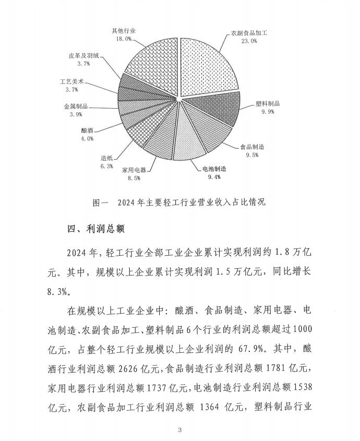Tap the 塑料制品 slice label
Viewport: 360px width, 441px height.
click(269, 103)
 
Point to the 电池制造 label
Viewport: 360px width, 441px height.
click(214, 168)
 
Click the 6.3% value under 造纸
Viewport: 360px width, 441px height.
click(106, 166)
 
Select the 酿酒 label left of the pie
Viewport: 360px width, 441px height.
click(87, 131)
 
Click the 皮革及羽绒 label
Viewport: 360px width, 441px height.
click(83, 55)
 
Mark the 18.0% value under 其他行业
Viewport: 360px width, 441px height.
click(124, 39)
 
